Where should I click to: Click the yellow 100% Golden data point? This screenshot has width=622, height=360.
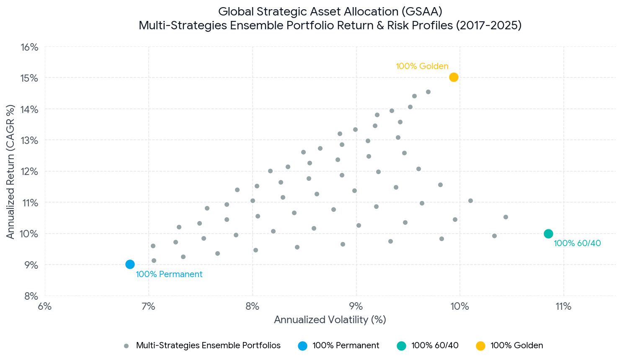454,77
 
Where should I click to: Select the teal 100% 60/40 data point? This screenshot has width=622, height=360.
548,234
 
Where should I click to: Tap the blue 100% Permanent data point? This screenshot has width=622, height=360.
130,264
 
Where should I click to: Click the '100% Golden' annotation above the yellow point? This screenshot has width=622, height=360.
422,66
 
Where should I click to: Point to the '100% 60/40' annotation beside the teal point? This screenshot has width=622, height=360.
577,243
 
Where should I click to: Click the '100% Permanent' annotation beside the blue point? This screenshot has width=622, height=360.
169,274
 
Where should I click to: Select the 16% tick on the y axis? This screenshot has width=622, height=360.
29,47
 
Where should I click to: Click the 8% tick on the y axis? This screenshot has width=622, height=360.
31,296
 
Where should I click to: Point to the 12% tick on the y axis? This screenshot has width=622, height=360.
29,172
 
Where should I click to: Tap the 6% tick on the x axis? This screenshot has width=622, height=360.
45,306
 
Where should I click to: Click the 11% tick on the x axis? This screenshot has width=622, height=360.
564,306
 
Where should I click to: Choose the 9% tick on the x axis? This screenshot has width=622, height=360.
356,306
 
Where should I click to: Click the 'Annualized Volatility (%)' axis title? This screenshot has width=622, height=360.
330,320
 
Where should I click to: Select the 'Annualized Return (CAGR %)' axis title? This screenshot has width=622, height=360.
10,172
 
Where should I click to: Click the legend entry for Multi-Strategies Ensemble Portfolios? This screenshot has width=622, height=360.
202,346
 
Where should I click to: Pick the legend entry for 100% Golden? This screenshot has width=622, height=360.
510,346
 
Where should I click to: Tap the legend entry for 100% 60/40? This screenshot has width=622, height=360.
428,346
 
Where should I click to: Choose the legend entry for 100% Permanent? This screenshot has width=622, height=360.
338,346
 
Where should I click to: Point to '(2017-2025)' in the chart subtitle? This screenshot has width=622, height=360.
488,26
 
